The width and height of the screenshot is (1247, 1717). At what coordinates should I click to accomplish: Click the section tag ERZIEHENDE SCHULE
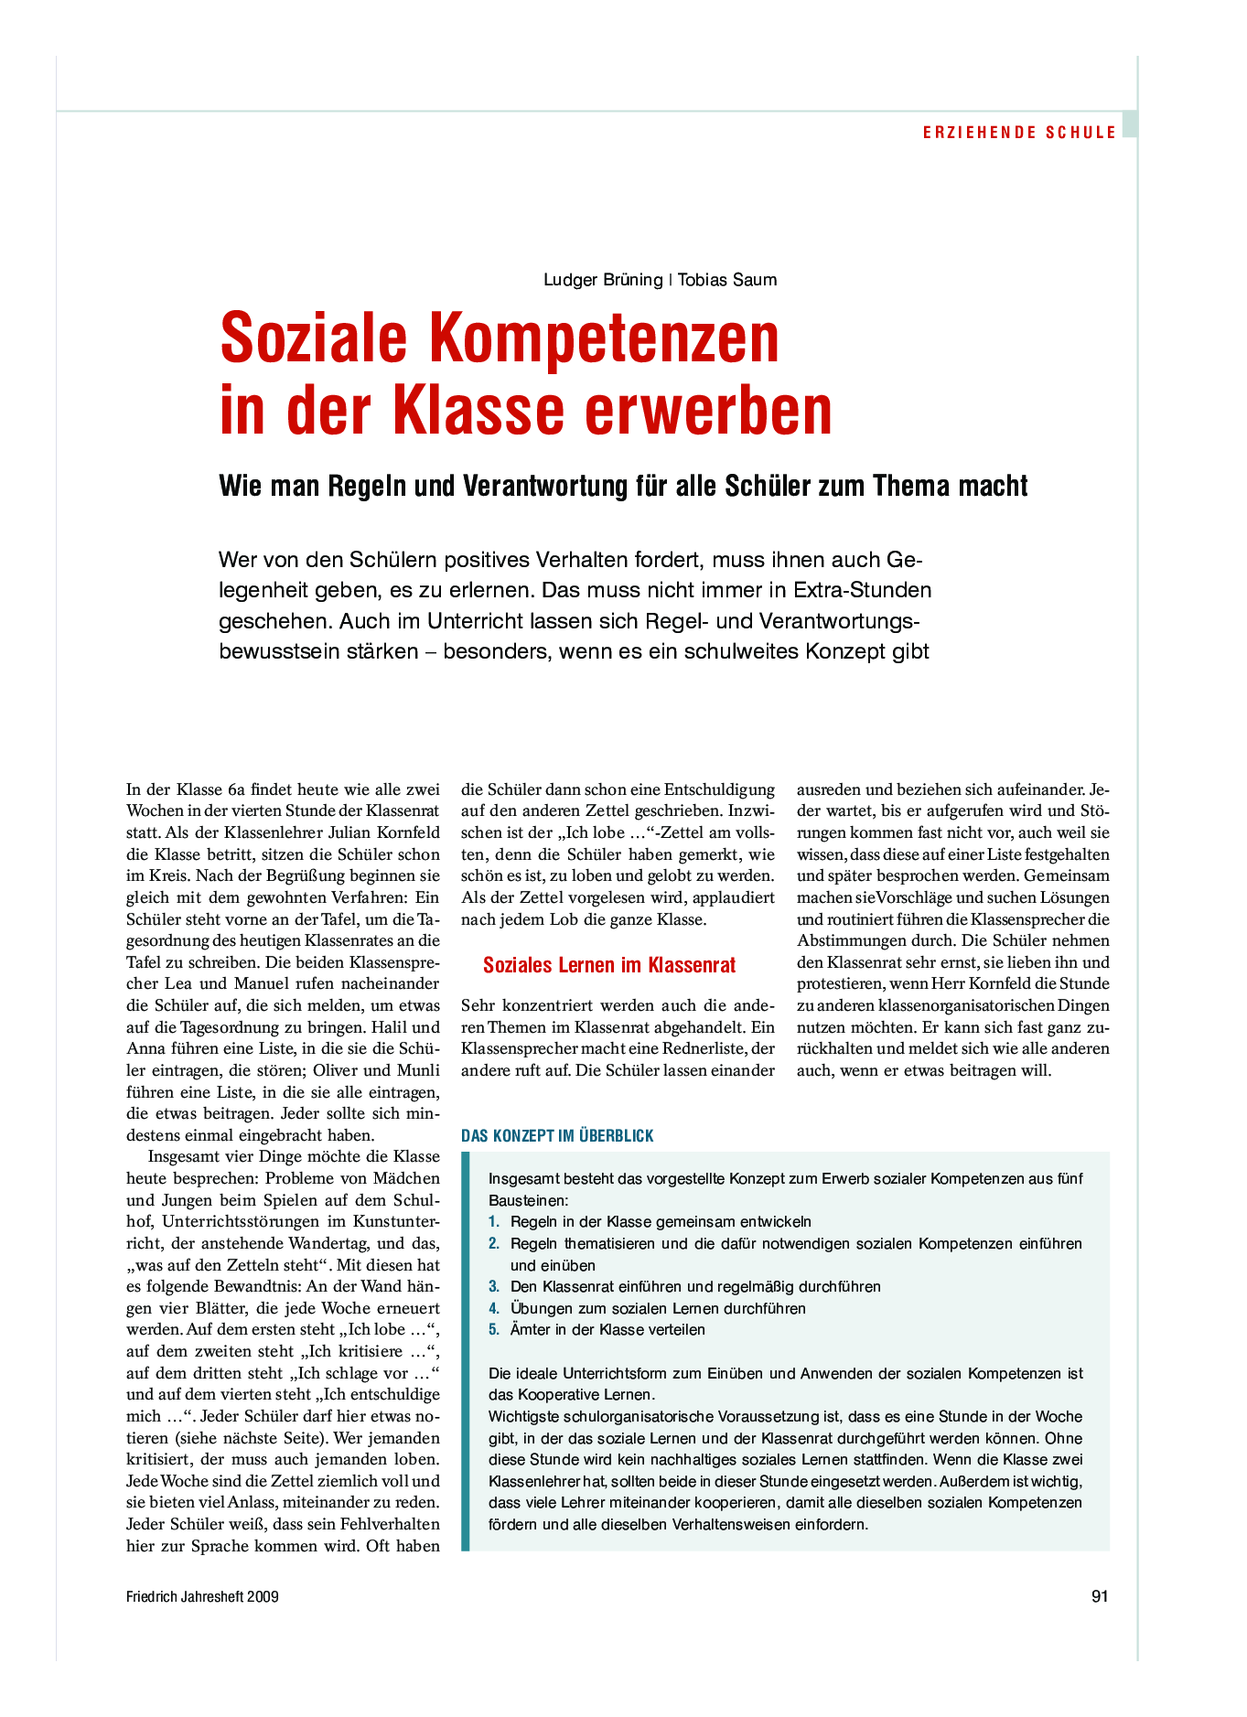[x=1019, y=133]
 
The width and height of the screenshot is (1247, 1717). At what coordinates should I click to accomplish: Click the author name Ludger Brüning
[x=603, y=280]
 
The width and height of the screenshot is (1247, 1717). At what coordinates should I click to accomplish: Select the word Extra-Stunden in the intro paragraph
[x=863, y=590]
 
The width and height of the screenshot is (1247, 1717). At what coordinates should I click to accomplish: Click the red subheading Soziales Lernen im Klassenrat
[x=609, y=965]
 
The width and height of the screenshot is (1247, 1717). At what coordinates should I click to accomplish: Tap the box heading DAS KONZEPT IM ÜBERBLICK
[x=557, y=1136]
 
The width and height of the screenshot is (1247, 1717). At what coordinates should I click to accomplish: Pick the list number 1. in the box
[x=494, y=1222]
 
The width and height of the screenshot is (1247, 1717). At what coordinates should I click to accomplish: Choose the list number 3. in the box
[x=494, y=1287]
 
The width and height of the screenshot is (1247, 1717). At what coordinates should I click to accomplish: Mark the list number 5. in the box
[x=494, y=1330]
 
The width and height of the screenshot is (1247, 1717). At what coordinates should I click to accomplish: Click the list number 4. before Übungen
[x=494, y=1309]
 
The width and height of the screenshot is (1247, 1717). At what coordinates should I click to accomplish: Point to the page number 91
[x=1100, y=1597]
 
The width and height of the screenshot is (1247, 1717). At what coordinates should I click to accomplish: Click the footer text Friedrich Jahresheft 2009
[x=202, y=1597]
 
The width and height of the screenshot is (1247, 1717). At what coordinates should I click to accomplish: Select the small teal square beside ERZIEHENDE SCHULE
[x=1130, y=124]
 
